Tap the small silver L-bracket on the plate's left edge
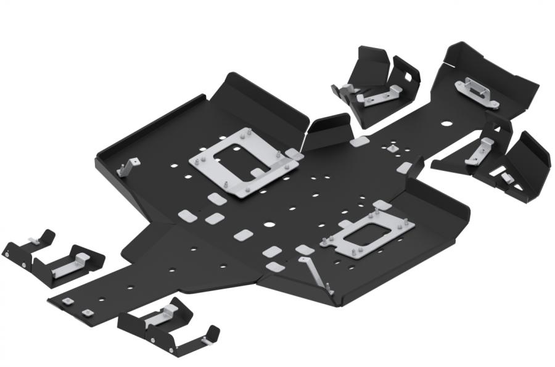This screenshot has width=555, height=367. [x=128, y=166]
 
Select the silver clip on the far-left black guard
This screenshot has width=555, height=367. [x=36, y=239]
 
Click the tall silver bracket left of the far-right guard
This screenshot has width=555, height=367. [x=479, y=151]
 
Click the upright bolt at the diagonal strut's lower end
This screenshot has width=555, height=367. [x=330, y=289]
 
